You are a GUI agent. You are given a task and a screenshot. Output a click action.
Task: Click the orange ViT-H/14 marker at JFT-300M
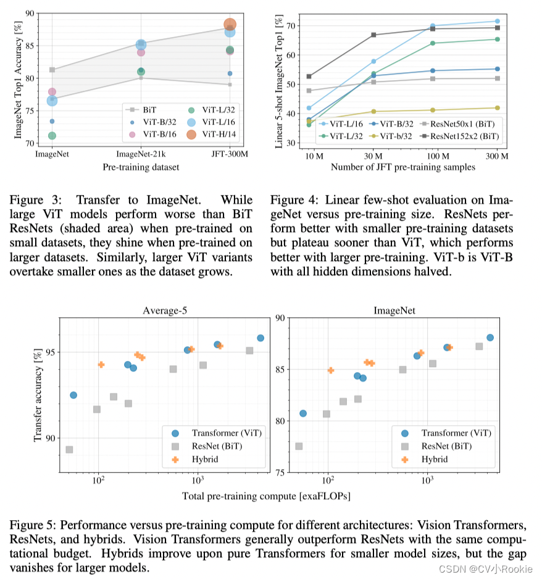click(230, 25)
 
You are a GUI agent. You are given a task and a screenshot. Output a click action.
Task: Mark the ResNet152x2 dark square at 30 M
click(373, 35)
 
